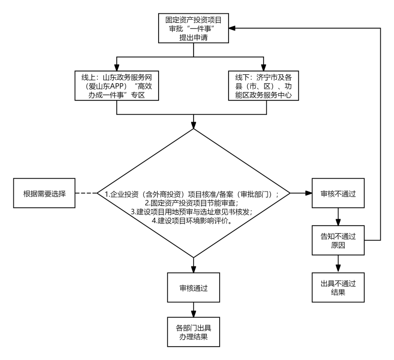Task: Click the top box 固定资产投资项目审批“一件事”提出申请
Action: pos(194,28)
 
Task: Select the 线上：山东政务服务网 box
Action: pos(117,86)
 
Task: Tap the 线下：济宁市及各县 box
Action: pos(263,86)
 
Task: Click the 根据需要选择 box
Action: pos(44,193)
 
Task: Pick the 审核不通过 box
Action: pos(338,193)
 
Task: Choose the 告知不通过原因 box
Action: pos(338,240)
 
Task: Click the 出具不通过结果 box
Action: pos(338,288)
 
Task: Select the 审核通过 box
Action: pos(194,288)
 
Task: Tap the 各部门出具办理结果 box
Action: pos(194,332)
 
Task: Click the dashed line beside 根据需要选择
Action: pos(86,193)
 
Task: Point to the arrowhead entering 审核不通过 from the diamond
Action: pos(309,193)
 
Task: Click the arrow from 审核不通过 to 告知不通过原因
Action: pos(338,217)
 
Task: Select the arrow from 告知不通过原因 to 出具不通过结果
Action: pos(338,264)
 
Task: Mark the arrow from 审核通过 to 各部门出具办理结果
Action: pos(194,309)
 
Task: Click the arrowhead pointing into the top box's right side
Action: pos(232,28)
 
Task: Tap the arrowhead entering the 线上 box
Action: pos(117,67)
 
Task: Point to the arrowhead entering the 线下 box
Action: pos(263,67)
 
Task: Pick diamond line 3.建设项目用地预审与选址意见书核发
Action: pos(192,212)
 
